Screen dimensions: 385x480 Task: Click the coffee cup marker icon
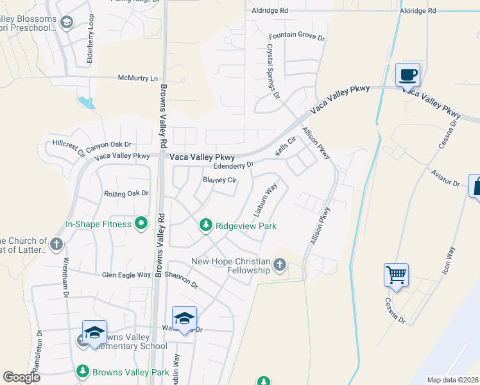(x=407, y=74)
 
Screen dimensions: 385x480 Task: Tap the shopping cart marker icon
(x=396, y=275)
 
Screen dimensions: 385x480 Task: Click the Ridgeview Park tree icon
(x=205, y=225)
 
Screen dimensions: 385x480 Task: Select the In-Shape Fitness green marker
(x=142, y=224)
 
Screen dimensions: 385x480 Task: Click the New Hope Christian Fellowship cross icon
(x=279, y=264)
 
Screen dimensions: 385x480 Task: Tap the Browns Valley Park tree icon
(x=82, y=371)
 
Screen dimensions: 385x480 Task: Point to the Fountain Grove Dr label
(x=296, y=37)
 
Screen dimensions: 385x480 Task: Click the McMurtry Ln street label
(x=137, y=78)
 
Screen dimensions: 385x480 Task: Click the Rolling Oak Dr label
(x=126, y=193)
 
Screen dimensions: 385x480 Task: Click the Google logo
(x=21, y=377)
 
